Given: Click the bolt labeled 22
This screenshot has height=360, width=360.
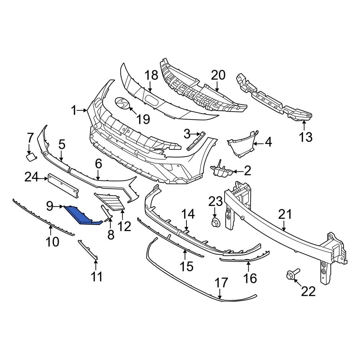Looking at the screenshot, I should tap(290, 276).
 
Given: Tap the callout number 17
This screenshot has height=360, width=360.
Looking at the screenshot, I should tap(222, 283).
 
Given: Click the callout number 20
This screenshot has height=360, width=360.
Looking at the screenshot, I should tap(218, 75).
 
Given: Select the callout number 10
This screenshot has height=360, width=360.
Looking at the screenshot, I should tap(52, 242).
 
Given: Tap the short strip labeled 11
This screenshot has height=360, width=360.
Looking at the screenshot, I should tap(88, 250).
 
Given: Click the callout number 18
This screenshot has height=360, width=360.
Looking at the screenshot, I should tap(151, 76).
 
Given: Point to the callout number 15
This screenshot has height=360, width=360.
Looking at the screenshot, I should tap(186, 266).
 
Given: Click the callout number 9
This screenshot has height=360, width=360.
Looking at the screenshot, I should tap(50, 206).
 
